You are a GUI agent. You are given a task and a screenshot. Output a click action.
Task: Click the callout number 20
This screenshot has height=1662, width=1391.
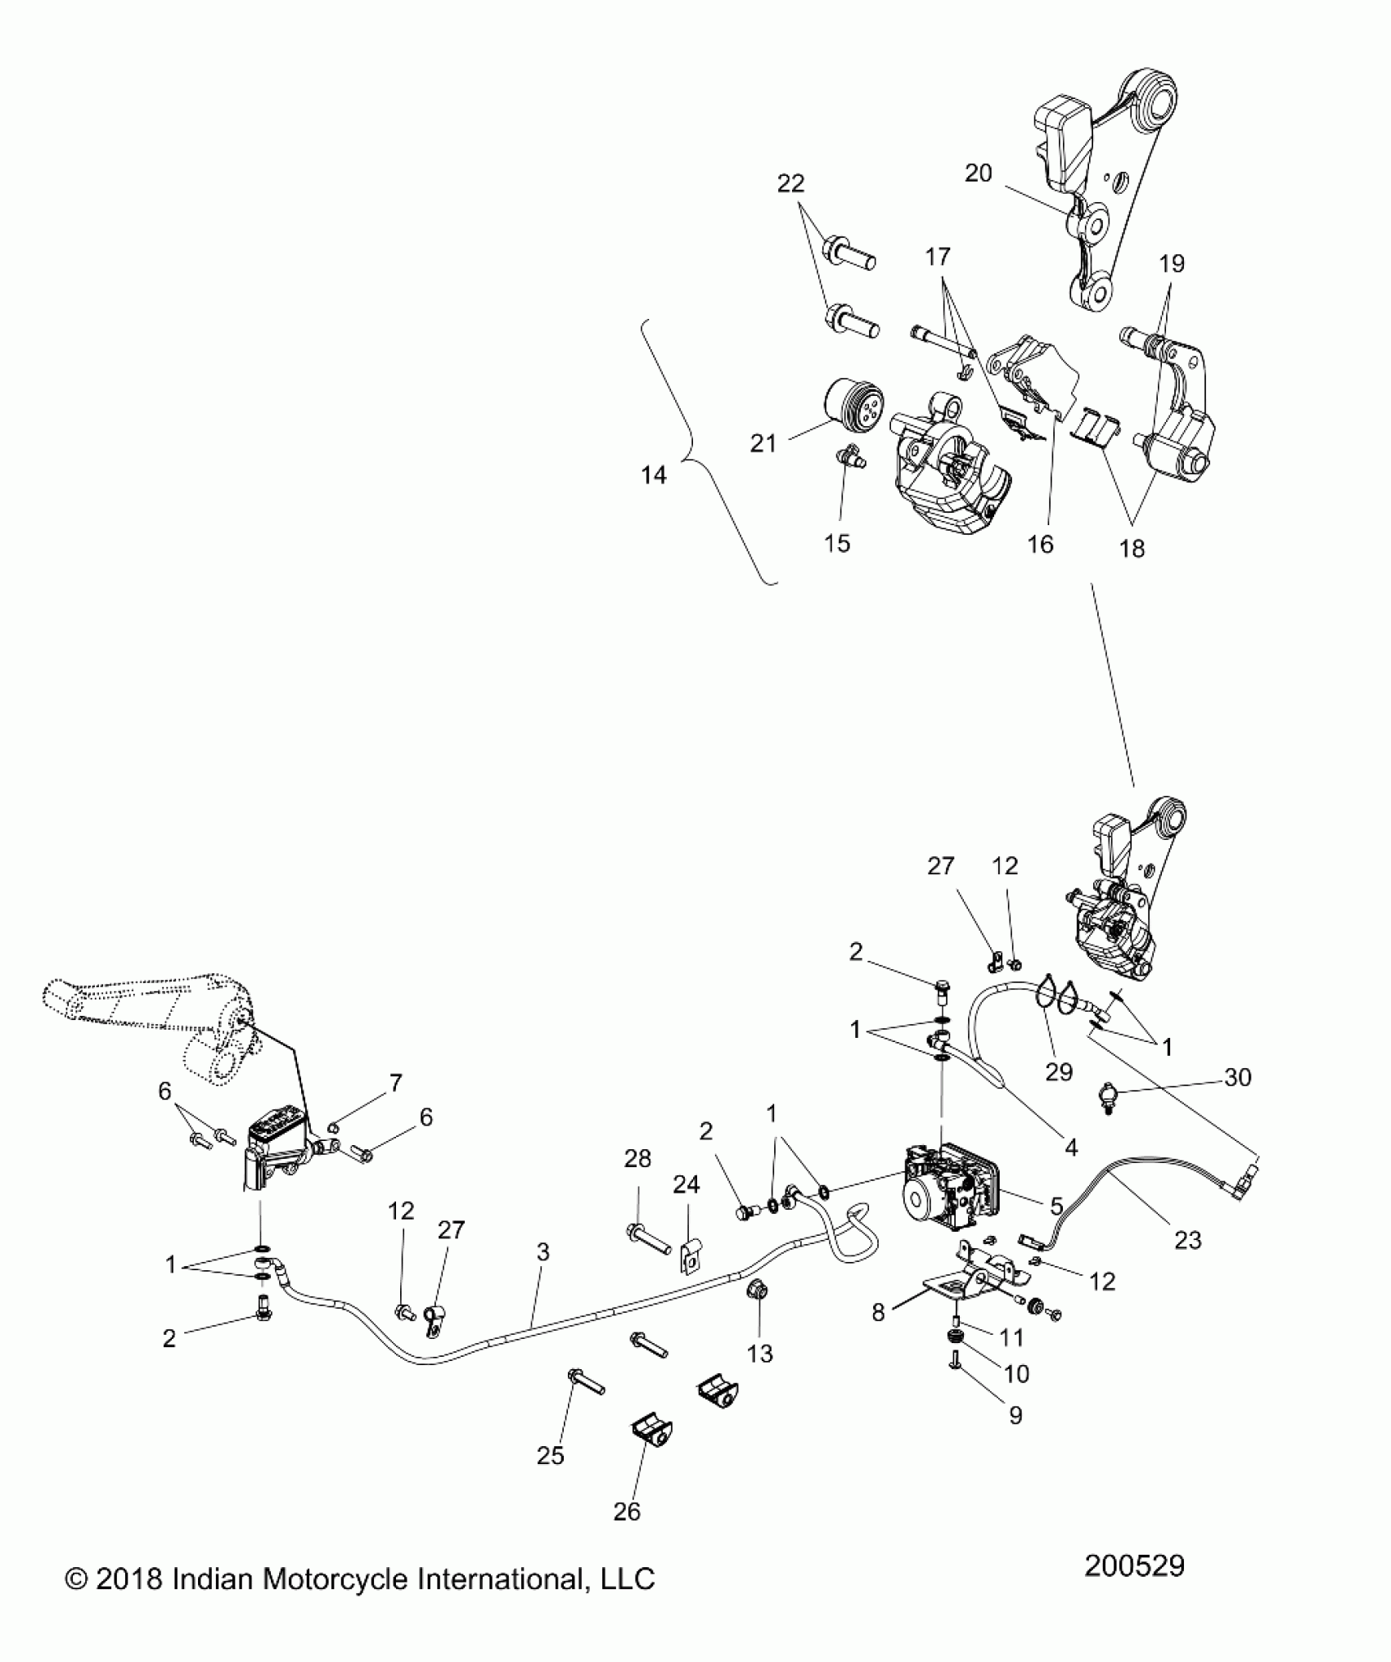click(978, 173)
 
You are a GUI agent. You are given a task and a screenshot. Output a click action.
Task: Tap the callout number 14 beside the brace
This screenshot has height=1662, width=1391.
click(654, 474)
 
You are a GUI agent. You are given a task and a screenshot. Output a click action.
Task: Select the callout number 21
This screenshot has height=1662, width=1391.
click(763, 444)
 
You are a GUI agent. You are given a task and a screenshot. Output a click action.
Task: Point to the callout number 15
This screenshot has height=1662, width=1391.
click(837, 543)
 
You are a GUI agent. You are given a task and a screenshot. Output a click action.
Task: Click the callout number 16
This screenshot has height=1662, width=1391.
click(1040, 544)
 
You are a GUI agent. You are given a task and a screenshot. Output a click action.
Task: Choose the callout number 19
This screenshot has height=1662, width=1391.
click(1172, 264)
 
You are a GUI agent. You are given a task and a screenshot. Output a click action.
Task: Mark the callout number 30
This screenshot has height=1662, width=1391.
click(1238, 1078)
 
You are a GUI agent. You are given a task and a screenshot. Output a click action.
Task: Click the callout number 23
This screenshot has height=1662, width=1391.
click(1187, 1241)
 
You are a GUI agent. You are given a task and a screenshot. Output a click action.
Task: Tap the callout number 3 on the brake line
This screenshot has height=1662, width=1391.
click(543, 1252)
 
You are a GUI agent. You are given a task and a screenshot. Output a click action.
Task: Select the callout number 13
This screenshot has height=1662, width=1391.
click(760, 1354)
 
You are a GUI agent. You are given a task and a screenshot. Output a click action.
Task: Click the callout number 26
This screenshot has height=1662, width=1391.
click(627, 1512)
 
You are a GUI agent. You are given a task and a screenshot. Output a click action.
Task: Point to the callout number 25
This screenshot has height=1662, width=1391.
click(551, 1456)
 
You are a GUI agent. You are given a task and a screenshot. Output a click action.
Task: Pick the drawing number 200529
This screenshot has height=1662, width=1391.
click(1134, 1565)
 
